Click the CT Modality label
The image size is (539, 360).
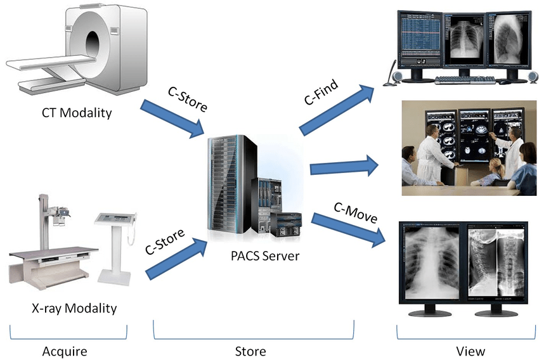(77, 113)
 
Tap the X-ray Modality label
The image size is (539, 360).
(74, 309)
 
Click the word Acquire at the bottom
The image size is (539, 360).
(64, 351)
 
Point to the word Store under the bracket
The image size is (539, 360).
(251, 351)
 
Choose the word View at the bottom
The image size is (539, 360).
(470, 351)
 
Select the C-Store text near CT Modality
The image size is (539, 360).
(187, 96)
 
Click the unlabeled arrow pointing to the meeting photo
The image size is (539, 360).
(343, 167)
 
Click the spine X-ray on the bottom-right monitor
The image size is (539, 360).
(495, 259)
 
